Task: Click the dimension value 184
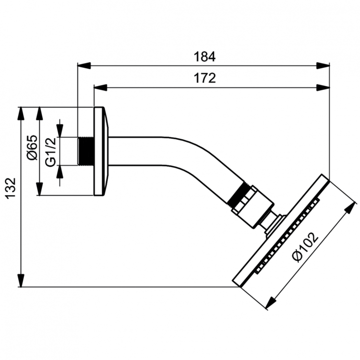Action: (x=204, y=56)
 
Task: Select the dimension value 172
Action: (x=204, y=78)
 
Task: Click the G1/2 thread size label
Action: (x=51, y=151)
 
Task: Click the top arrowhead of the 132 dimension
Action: (x=21, y=113)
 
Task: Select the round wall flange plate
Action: (x=99, y=151)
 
